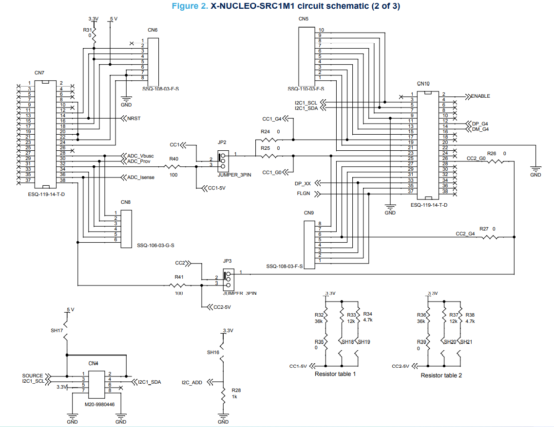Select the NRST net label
pos(134,118)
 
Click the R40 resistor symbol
pos(174,166)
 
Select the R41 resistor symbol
pos(179,285)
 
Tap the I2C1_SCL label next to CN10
pos(306,103)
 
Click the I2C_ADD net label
pos(192,383)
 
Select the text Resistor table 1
pos(335,374)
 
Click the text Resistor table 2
pos(441,375)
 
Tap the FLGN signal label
pos(304,194)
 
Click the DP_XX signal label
pos(303,184)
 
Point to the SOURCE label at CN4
pos(32,376)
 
